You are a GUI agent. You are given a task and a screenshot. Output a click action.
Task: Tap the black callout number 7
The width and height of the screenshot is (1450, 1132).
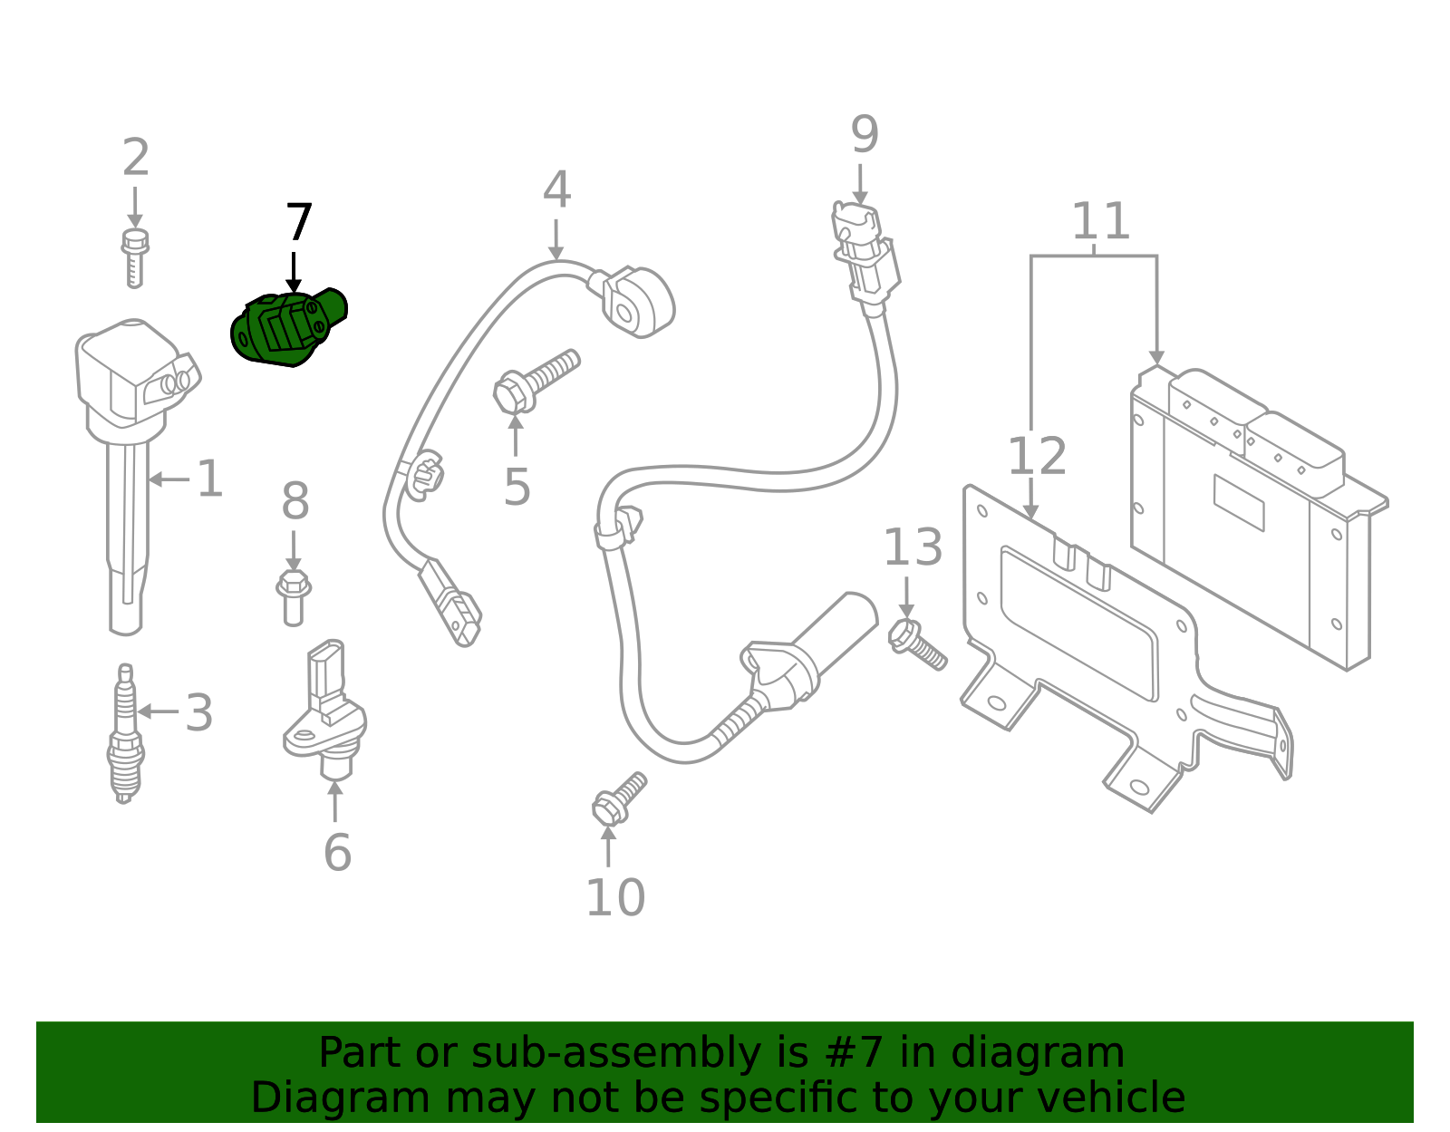tap(298, 223)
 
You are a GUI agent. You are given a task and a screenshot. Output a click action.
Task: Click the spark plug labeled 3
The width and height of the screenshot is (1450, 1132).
tap(125, 734)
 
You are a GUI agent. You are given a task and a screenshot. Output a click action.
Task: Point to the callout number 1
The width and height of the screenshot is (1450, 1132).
tap(209, 479)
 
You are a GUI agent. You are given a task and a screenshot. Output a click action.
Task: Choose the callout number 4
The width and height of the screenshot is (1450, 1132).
tap(556, 190)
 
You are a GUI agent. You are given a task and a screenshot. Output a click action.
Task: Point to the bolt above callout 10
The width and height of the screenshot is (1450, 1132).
tap(618, 798)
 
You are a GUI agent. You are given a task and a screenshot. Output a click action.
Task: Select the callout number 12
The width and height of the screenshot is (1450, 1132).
tap(1037, 456)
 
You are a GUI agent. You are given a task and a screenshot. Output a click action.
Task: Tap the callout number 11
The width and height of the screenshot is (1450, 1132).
tap(1100, 221)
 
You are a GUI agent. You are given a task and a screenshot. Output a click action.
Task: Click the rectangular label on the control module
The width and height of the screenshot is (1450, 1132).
tap(1238, 502)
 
